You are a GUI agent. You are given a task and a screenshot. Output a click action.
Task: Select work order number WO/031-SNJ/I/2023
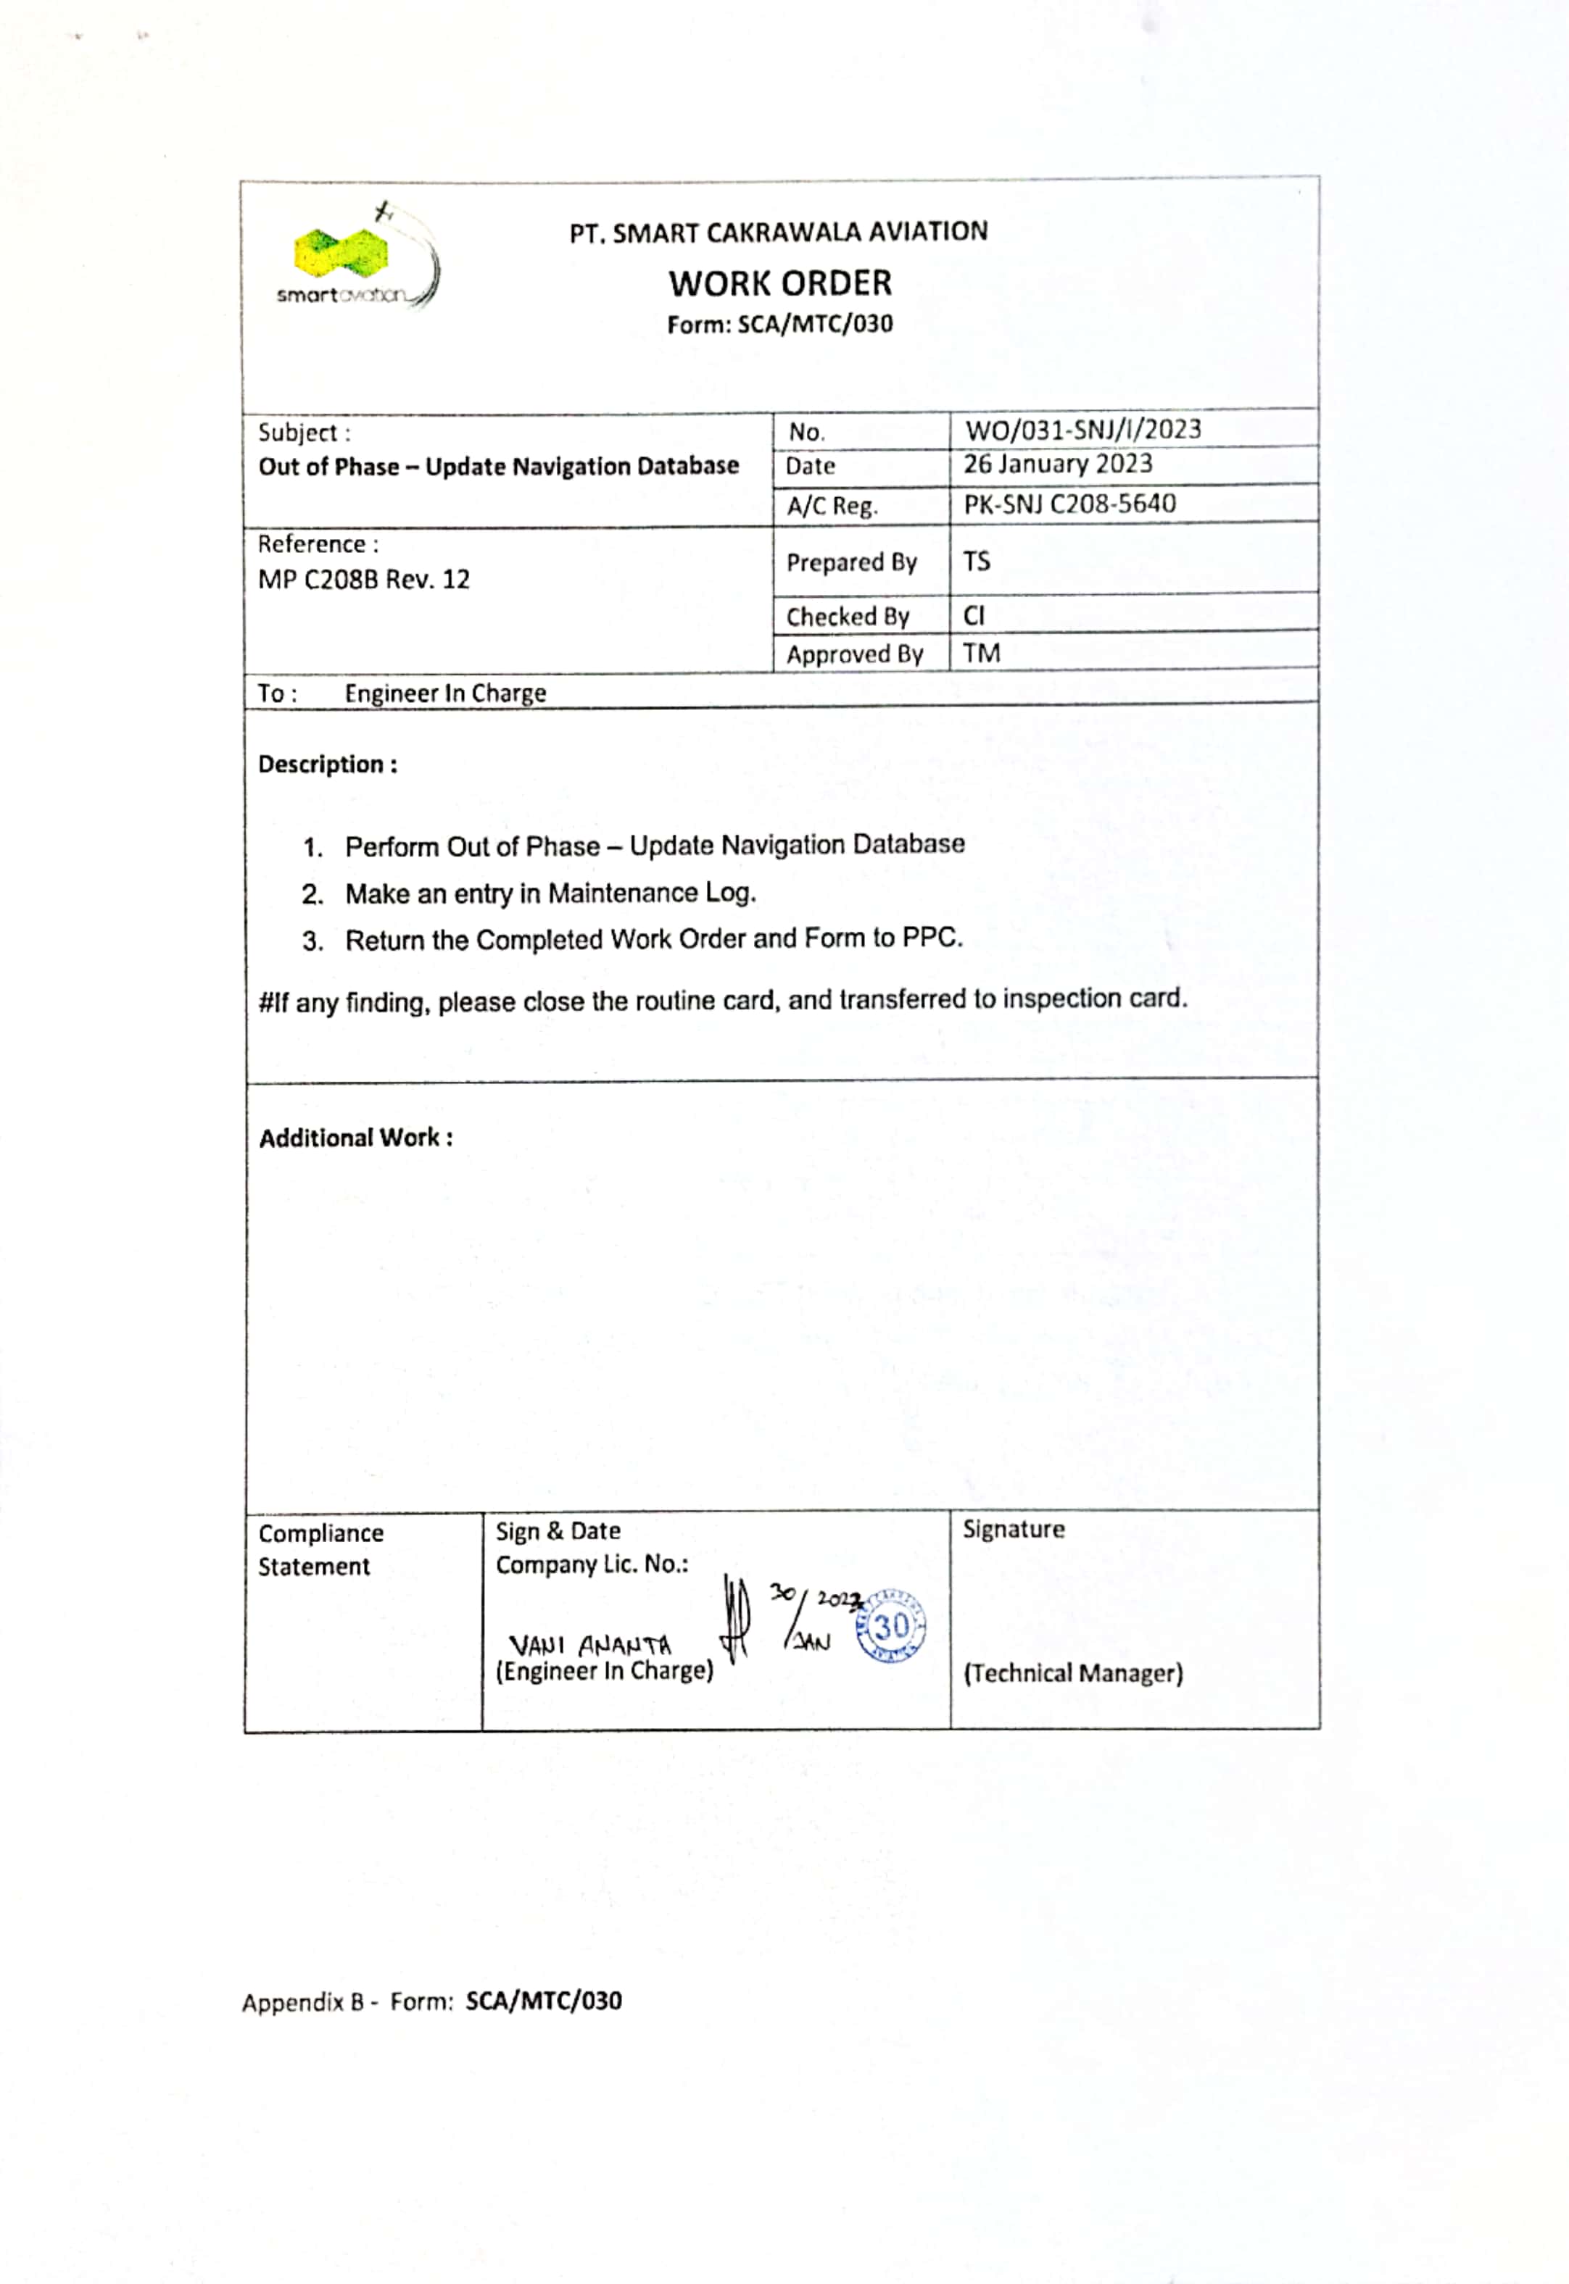click(x=1082, y=430)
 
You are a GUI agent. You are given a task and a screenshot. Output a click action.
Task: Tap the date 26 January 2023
click(x=1057, y=464)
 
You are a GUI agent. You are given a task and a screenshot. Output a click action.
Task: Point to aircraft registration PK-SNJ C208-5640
click(x=1069, y=504)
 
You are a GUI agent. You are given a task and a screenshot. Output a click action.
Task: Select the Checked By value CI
click(x=973, y=615)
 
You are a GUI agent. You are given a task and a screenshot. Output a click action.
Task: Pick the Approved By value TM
click(x=981, y=654)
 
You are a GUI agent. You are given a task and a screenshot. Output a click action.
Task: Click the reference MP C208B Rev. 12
click(x=364, y=580)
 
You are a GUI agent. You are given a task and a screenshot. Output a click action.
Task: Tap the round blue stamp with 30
click(x=890, y=1627)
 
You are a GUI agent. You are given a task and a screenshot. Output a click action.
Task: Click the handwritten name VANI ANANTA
click(x=590, y=1645)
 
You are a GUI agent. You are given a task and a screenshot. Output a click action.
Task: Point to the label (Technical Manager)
click(x=1072, y=1674)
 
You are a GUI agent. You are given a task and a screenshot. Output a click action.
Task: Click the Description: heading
click(x=328, y=764)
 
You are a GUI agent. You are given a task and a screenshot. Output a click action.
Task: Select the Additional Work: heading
click(x=356, y=1138)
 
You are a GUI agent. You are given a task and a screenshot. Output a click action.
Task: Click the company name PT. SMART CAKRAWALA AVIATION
click(x=779, y=233)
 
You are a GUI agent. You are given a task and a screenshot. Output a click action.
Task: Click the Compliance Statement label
click(x=320, y=1550)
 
